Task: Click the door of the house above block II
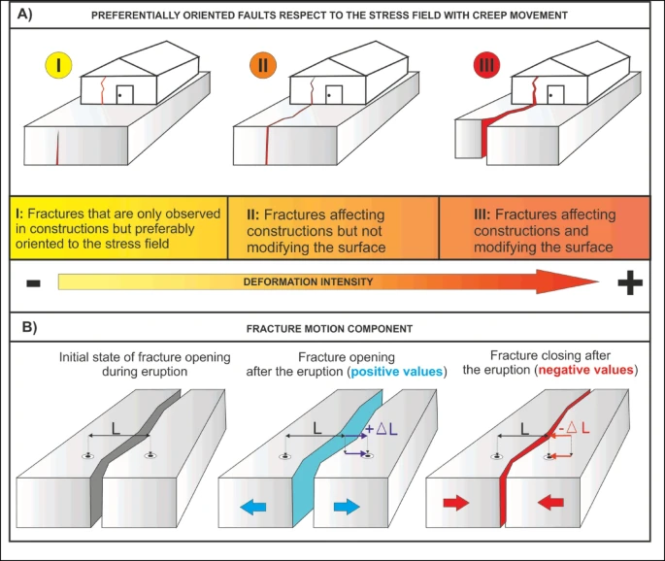(335, 96)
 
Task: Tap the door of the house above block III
(557, 96)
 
